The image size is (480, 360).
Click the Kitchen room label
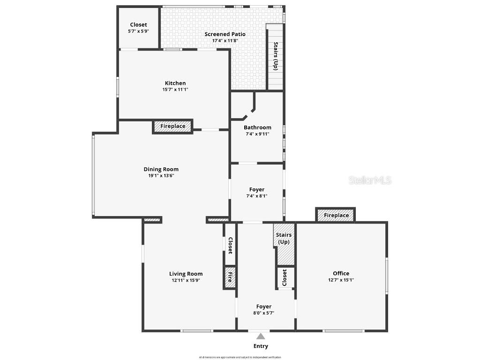click(x=175, y=83)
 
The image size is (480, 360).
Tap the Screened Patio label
click(x=225, y=34)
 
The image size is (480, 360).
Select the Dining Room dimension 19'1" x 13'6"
click(x=161, y=176)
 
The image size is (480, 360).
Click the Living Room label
click(x=186, y=274)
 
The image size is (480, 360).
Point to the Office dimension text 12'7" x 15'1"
click(x=341, y=280)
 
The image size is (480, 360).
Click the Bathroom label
click(x=257, y=127)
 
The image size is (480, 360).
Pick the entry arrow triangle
click(x=261, y=336)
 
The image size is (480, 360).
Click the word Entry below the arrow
click(x=261, y=346)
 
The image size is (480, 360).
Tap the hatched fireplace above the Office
click(x=336, y=215)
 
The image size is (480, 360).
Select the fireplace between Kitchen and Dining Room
click(x=172, y=127)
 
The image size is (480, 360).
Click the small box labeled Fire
click(x=230, y=277)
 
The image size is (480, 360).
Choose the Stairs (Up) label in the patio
click(x=276, y=56)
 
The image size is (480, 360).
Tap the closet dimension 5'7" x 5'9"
click(x=138, y=31)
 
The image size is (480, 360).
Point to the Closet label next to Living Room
click(x=230, y=245)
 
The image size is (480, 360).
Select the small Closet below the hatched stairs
click(x=285, y=277)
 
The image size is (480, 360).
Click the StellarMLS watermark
click(x=370, y=180)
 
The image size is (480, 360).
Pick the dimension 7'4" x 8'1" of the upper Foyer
click(x=256, y=196)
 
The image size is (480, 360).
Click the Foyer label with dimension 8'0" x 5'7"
click(x=263, y=307)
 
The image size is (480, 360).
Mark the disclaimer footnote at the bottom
click(x=240, y=357)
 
